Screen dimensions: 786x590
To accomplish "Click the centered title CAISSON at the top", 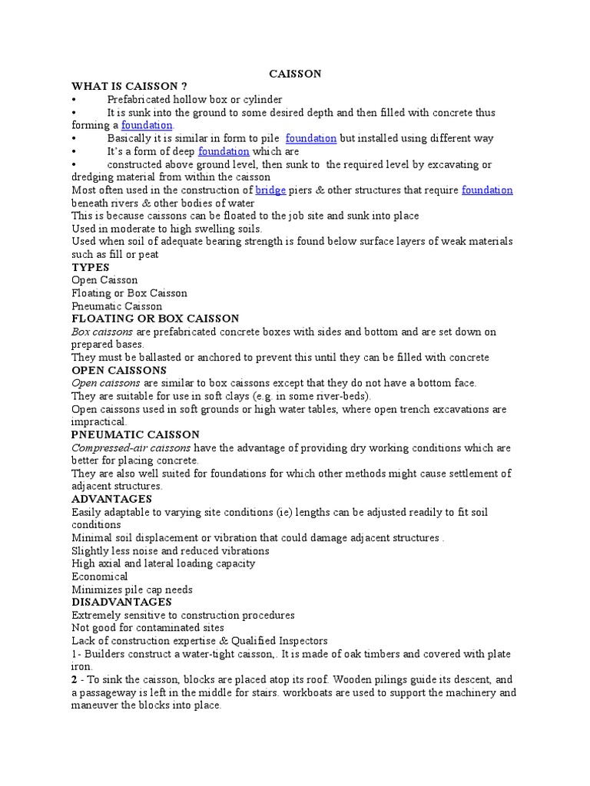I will click(x=295, y=74).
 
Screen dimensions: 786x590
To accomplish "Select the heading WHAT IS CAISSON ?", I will click(x=129, y=86).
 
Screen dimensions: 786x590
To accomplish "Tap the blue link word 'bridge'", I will click(x=270, y=190).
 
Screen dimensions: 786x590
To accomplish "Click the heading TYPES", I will click(x=91, y=267).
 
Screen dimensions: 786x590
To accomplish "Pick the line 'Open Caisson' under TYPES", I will click(x=104, y=280).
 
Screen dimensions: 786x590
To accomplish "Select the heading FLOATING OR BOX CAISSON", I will click(x=155, y=319).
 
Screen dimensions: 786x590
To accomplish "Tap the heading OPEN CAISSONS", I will click(x=119, y=370).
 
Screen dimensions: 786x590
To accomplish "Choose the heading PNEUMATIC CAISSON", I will click(x=135, y=434).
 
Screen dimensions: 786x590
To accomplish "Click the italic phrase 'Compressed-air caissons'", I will click(x=131, y=447).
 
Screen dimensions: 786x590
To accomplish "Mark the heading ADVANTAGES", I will click(x=112, y=499).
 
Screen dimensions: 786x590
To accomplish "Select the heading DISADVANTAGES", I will click(x=121, y=602).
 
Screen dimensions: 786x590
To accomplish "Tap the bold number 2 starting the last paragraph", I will click(x=75, y=680).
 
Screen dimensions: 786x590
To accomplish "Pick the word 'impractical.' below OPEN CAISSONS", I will click(x=99, y=421).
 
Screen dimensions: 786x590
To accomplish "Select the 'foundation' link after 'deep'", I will click(x=224, y=151).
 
